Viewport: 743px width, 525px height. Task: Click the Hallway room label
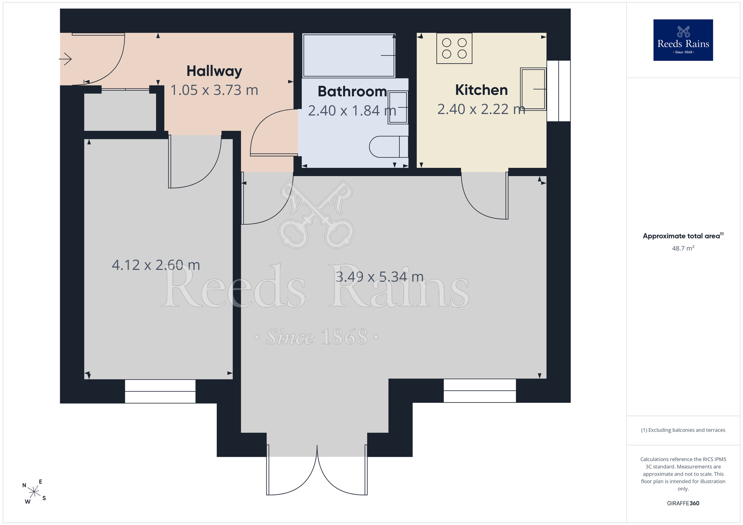214,71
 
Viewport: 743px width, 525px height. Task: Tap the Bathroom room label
352,91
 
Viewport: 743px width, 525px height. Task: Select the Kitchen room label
481,90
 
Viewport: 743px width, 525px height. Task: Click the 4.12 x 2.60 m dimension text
156,265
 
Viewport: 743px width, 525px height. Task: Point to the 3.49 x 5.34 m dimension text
380,277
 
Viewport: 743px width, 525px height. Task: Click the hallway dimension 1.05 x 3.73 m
214,90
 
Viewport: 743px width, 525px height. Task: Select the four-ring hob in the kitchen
454,49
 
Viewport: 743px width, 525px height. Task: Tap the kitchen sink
533,89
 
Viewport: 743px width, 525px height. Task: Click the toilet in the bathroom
389,147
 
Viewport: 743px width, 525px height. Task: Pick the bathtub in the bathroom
348,55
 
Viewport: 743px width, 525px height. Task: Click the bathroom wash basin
398,107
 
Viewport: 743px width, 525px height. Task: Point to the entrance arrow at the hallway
65,59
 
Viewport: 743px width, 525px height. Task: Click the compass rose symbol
34,492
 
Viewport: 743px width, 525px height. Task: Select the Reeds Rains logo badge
683,40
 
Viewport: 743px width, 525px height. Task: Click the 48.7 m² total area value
683,248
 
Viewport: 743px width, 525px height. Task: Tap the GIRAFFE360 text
683,503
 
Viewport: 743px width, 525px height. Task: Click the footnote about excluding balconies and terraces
683,430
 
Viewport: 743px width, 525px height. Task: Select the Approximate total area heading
683,236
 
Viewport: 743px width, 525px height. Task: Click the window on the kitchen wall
558,91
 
